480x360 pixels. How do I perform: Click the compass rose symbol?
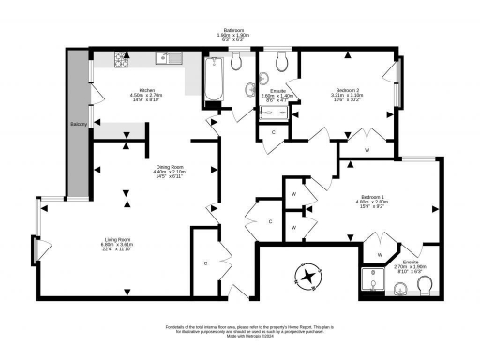[x=307, y=277]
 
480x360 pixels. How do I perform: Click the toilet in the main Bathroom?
[x=236, y=62]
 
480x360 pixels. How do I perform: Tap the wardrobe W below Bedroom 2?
[x=367, y=149]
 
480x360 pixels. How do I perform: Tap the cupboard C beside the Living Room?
[x=204, y=263]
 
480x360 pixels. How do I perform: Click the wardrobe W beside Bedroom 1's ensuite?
[x=380, y=254]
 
